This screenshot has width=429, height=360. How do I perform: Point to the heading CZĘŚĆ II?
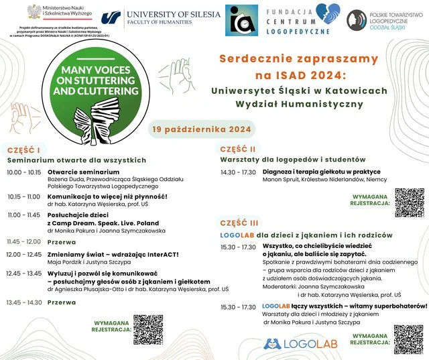(237, 149)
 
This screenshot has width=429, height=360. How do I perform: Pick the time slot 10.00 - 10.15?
(23, 172)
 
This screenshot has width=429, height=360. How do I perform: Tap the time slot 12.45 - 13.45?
(23, 273)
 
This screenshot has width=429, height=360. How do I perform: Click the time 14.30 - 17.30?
(237, 172)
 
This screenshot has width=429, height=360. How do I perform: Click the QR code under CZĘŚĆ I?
(148, 329)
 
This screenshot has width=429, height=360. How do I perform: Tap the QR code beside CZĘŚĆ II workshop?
(409, 202)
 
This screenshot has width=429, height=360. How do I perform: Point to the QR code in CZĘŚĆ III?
(408, 339)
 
